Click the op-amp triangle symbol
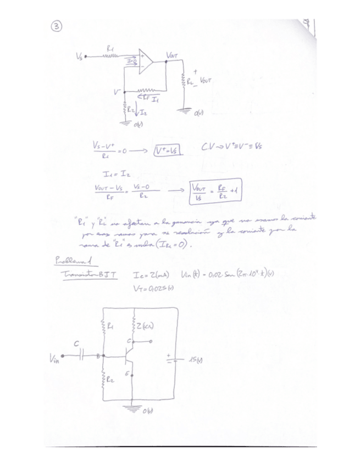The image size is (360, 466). click(x=145, y=62)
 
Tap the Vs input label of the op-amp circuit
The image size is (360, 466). click(x=80, y=56)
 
